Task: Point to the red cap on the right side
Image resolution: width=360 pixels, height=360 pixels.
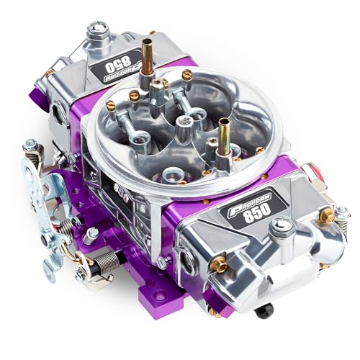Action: pyautogui.click(x=312, y=171)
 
